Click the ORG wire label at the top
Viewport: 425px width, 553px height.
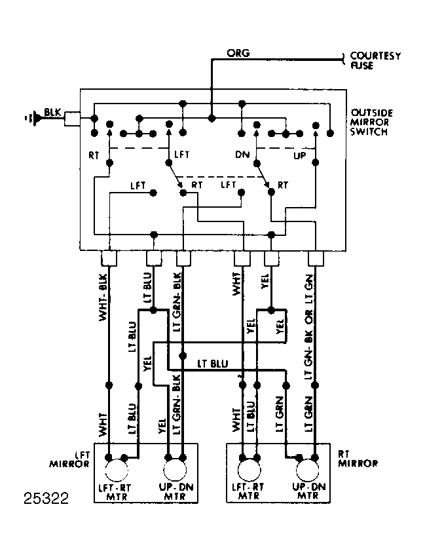click(x=238, y=53)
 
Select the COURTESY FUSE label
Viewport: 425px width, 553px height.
click(x=375, y=61)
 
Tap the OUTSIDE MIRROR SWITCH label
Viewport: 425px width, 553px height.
click(x=371, y=123)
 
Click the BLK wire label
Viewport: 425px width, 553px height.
click(x=52, y=112)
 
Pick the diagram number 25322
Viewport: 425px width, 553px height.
click(x=46, y=499)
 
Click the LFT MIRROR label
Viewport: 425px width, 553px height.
click(x=70, y=459)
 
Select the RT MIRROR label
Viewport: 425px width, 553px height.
click(x=358, y=459)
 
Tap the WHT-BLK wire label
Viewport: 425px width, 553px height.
click(x=103, y=297)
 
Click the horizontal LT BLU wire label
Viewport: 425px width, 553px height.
click(x=212, y=364)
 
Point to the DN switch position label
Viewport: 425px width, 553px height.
click(x=242, y=155)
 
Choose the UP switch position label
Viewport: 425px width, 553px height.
click(x=299, y=155)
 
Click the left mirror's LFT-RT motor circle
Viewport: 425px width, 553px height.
click(x=117, y=470)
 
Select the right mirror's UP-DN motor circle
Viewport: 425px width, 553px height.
click(x=307, y=470)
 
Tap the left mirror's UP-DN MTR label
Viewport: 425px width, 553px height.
click(x=176, y=492)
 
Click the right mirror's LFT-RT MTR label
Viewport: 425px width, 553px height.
click(x=248, y=491)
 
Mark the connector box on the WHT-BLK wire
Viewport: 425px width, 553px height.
click(x=109, y=259)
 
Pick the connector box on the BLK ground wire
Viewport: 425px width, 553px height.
click(x=72, y=119)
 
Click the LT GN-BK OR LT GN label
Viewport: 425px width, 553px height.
click(x=308, y=326)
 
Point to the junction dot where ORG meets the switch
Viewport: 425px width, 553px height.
click(x=212, y=118)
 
